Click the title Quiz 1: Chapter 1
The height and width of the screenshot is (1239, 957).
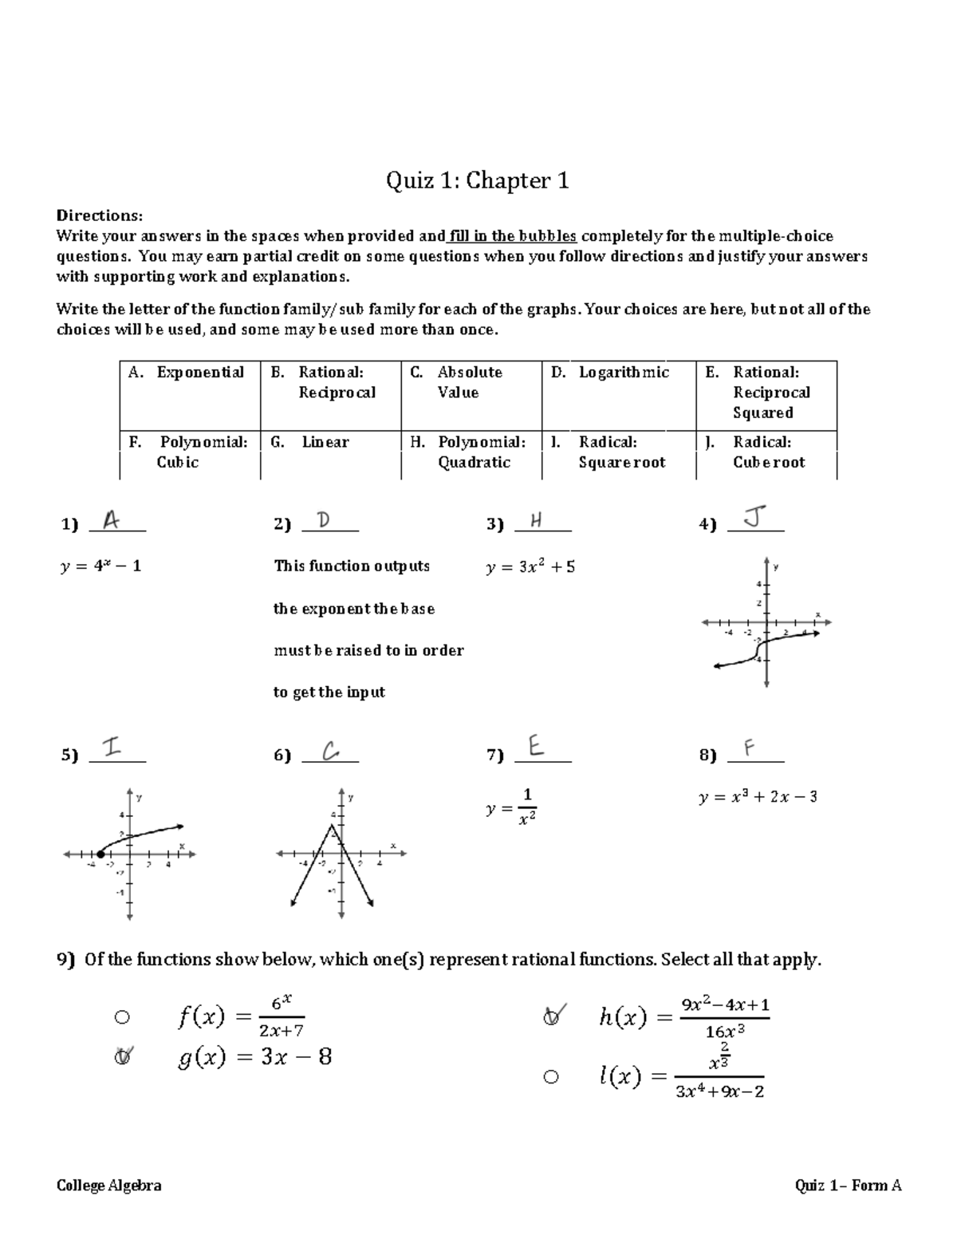[477, 181]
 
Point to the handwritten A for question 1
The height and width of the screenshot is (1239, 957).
[112, 521]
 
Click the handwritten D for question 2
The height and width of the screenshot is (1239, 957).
[323, 521]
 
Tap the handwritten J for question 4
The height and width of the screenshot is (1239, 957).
[754, 519]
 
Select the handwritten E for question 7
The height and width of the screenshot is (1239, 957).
[536, 748]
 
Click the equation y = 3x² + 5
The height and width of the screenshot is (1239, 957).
[530, 567]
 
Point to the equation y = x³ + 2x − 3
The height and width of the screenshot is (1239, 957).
[757, 797]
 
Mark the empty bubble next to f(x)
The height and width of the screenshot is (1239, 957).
[121, 1017]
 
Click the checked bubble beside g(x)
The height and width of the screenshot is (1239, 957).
[122, 1057]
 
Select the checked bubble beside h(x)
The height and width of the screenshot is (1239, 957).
[551, 1017]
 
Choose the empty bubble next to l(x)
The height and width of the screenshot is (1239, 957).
[550, 1077]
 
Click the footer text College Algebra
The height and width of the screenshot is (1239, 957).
[108, 1186]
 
